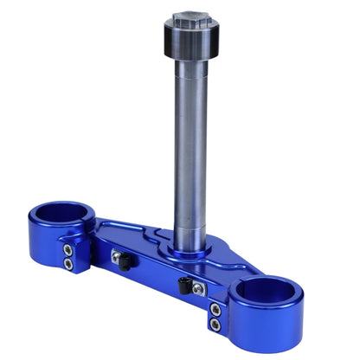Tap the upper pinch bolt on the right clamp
click(x=215, y=310)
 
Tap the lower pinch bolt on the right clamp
click(x=215, y=324)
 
